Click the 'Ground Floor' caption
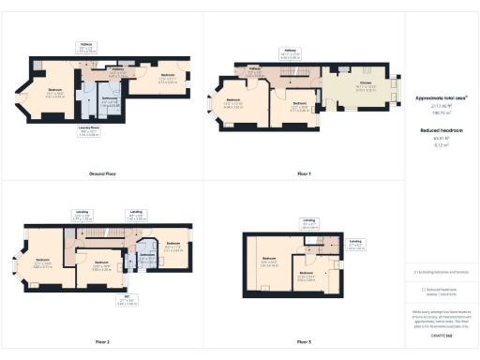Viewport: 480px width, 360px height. (x=102, y=174)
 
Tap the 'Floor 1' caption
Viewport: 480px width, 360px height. (x=303, y=174)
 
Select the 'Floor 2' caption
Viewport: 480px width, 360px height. (x=102, y=341)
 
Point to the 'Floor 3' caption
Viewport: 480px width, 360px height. (x=303, y=341)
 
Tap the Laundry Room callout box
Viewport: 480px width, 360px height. (x=89, y=133)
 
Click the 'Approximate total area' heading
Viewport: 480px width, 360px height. (x=441, y=97)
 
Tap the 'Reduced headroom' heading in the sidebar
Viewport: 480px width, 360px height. (x=441, y=133)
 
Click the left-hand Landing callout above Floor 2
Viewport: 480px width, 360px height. (x=83, y=215)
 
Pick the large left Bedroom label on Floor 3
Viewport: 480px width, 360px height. (x=270, y=260)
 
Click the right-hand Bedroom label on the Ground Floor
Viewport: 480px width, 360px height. (x=168, y=76)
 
